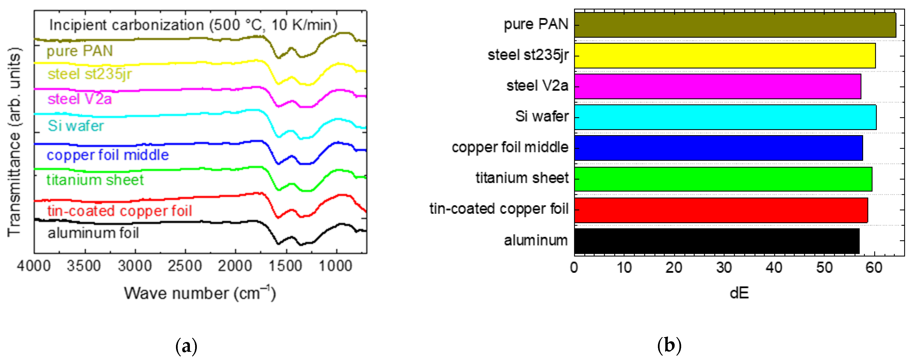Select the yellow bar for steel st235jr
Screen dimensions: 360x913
725,56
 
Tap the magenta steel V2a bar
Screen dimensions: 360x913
717,86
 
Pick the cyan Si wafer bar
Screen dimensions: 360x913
725,117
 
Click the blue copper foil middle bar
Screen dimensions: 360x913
718,148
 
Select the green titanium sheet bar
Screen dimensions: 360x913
723,179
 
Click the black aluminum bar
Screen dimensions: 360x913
717,241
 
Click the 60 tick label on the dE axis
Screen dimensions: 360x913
874,267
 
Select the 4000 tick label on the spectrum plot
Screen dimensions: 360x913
34,266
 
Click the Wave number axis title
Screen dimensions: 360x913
199,293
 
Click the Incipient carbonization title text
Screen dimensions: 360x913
193,25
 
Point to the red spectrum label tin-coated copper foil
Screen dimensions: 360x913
119,211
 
